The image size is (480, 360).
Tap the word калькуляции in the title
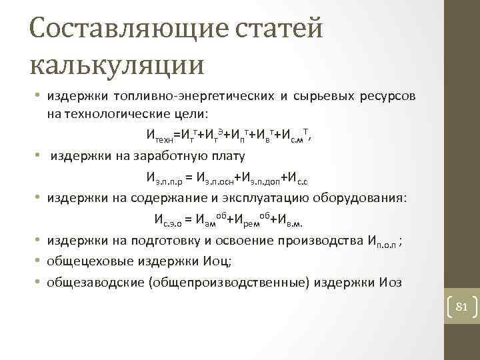click(x=117, y=65)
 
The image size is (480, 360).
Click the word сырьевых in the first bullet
click(x=327, y=97)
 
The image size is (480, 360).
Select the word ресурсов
click(x=389, y=97)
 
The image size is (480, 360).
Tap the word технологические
click(x=125, y=113)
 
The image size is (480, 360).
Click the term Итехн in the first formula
click(x=160, y=137)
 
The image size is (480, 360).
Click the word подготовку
click(x=173, y=241)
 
